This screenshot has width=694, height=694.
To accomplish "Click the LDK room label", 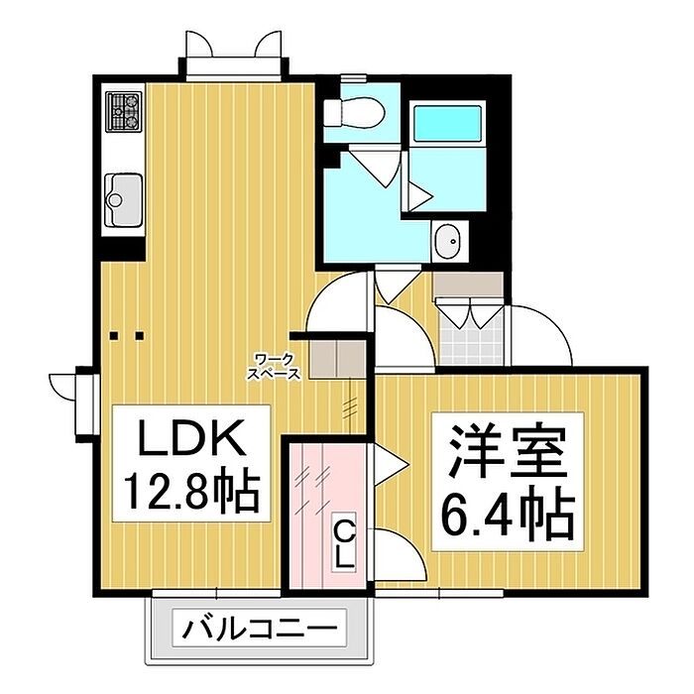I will pyautogui.click(x=189, y=437).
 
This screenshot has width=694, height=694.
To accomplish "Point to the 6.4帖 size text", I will pyautogui.click(x=506, y=511).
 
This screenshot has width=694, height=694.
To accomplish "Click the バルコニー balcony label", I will pyautogui.click(x=260, y=629).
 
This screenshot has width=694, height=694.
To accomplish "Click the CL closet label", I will pyautogui.click(x=343, y=544).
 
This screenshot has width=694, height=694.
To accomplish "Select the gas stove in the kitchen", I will pyautogui.click(x=124, y=113).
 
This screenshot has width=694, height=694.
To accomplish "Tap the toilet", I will pyautogui.click(x=352, y=111).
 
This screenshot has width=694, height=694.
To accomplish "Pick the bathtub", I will pyautogui.click(x=446, y=124).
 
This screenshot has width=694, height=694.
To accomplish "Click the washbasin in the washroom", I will pyautogui.click(x=448, y=239).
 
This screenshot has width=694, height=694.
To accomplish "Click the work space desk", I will pyautogui.click(x=336, y=358).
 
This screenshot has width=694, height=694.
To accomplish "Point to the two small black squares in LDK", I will pyautogui.click(x=128, y=335).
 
